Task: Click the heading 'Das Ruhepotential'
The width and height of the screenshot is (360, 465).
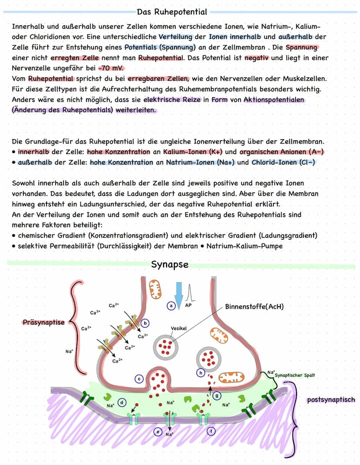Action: click(172, 12)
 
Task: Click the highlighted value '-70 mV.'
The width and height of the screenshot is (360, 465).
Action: click(112, 68)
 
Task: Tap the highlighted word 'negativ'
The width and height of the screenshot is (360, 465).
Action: click(257, 58)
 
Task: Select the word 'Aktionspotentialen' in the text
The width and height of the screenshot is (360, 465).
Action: click(273, 100)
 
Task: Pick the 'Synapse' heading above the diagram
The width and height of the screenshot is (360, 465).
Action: click(170, 264)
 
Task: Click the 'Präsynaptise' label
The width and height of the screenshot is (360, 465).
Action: click(43, 322)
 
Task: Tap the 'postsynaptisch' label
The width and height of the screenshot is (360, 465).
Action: click(331, 399)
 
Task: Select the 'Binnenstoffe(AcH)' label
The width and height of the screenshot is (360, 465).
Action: click(254, 306)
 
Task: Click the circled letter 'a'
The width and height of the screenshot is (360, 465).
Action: click(171, 306)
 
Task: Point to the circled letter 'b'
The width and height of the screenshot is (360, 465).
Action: click(145, 323)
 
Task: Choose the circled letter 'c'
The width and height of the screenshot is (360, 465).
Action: click(139, 379)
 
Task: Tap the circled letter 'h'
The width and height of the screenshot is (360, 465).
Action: click(200, 373)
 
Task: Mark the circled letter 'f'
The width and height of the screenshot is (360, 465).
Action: click(211, 431)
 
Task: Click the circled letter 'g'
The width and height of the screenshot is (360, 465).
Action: click(217, 395)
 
